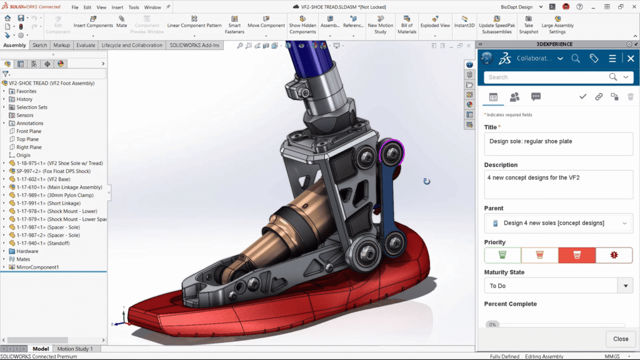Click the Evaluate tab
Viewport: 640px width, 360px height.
pyautogui.click(x=86, y=46)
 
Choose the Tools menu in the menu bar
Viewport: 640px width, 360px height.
pyautogui.click(x=134, y=7)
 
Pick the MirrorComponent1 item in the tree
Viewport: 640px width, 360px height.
pyautogui.click(x=37, y=267)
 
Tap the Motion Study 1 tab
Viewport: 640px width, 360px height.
pyautogui.click(x=75, y=349)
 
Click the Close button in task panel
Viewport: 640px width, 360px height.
pyautogui.click(x=621, y=339)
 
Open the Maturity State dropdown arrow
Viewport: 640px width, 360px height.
pyautogui.click(x=625, y=286)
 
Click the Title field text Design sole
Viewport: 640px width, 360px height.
pyautogui.click(x=531, y=141)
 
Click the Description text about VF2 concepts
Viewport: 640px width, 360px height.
pyautogui.click(x=533, y=178)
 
